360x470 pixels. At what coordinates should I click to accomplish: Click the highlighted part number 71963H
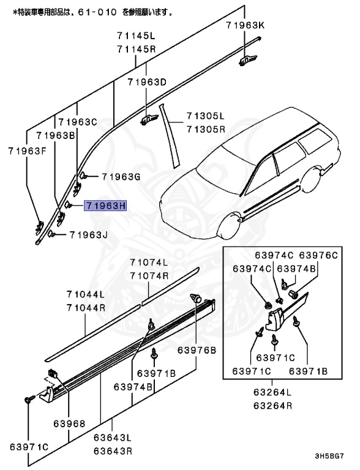(x=105, y=206)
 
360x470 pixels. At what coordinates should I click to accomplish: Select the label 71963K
(x=245, y=25)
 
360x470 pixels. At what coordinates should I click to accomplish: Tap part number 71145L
(x=137, y=37)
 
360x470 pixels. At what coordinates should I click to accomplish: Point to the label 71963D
(x=147, y=82)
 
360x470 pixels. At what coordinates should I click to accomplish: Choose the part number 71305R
(x=206, y=129)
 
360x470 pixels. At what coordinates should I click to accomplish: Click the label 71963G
(x=121, y=177)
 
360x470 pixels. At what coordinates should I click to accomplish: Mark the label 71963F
(x=28, y=150)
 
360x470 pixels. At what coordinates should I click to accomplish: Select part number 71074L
(x=149, y=263)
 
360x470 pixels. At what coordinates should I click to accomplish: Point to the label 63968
(x=69, y=423)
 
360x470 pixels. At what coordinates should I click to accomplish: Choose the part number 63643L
(x=113, y=438)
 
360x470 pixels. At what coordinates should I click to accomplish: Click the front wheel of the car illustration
(x=228, y=226)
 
